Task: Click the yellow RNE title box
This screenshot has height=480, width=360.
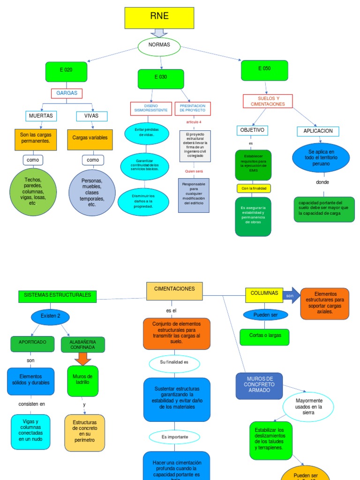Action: click(159, 18)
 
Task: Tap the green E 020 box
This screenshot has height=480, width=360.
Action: click(66, 72)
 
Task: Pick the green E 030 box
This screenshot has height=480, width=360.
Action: click(160, 79)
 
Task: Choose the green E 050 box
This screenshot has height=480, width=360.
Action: click(264, 70)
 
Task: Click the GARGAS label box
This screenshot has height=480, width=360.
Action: click(67, 93)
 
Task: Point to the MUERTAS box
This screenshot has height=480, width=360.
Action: click(41, 116)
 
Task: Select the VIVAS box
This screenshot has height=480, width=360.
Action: click(91, 116)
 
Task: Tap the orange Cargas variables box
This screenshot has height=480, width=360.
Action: click(90, 140)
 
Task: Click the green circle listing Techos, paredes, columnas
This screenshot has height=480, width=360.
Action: click(33, 192)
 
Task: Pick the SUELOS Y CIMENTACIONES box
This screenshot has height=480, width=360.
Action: click(268, 101)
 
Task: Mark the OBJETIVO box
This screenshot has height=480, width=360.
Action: click(252, 130)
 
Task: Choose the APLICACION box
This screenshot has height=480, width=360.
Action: click(318, 131)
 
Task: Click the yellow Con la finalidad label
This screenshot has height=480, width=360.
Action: click(254, 188)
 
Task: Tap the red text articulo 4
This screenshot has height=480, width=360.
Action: click(194, 122)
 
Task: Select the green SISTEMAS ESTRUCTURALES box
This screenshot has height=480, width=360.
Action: click(58, 296)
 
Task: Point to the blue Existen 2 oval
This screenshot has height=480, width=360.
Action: click(50, 316)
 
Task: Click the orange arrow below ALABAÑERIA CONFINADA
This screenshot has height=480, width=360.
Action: click(83, 359)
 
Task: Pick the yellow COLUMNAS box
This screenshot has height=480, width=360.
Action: click(264, 295)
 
